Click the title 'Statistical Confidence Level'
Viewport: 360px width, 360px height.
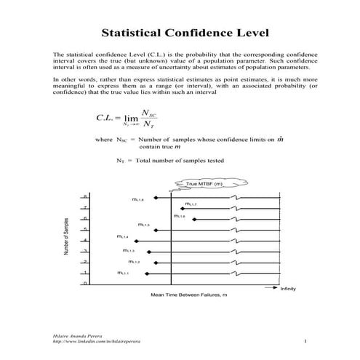(x=180, y=33)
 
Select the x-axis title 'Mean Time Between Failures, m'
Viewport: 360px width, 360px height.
(x=189, y=295)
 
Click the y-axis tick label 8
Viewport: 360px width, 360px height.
(x=84, y=197)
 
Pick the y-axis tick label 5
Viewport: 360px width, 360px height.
(x=84, y=230)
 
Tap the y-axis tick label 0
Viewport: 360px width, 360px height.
(x=84, y=284)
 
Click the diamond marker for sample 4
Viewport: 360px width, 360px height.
(x=132, y=240)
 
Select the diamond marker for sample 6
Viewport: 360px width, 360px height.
(x=195, y=218)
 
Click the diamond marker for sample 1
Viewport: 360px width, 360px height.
(x=147, y=273)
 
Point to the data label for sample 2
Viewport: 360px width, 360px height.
(x=134, y=261)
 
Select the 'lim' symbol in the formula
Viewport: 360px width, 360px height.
(x=131, y=119)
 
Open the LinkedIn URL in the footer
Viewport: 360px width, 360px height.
(x=92, y=340)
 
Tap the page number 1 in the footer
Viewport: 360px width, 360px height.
(x=306, y=340)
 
